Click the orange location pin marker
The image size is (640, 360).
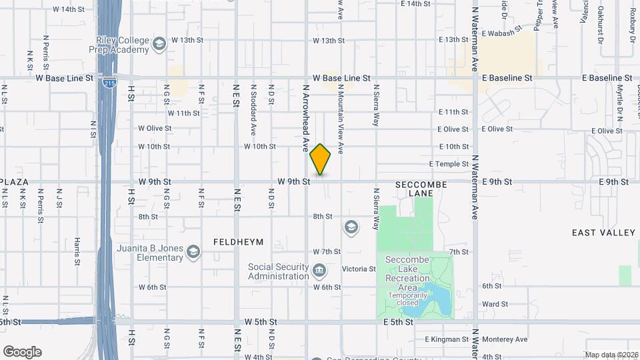pos(321,159)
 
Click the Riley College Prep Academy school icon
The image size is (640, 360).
pos(159,45)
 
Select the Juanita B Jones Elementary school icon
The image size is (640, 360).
pos(193,251)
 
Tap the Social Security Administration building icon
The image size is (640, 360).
pos(319,271)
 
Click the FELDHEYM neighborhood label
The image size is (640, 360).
pos(239,241)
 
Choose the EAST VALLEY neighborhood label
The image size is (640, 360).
pos(603,232)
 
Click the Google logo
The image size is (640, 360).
pos(22,352)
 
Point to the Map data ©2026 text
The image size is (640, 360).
pos(611,355)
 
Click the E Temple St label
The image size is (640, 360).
pos(449,163)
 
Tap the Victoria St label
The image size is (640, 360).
pos(359,269)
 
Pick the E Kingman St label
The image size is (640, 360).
pos(447,339)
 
